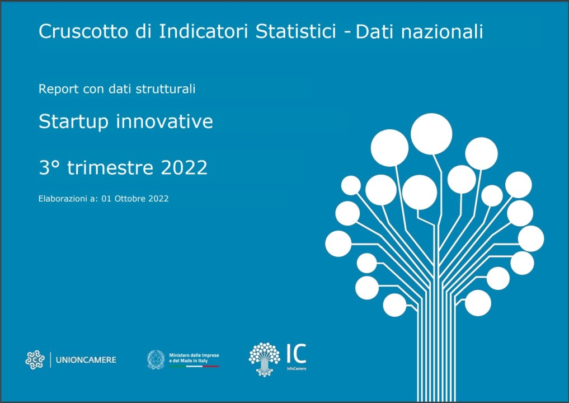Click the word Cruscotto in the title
(x=83, y=31)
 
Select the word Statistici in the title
(x=296, y=31)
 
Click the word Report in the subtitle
(x=58, y=89)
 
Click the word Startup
(x=73, y=122)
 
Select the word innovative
(x=164, y=121)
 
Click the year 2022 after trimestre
(x=184, y=168)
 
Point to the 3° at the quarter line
(x=49, y=167)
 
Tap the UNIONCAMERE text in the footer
(x=86, y=360)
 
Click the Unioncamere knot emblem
(x=35, y=360)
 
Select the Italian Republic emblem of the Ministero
(x=156, y=359)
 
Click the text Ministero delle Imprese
(x=194, y=355)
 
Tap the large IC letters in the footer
(x=296, y=354)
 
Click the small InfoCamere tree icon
(x=264, y=359)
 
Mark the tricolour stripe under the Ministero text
(x=194, y=366)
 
